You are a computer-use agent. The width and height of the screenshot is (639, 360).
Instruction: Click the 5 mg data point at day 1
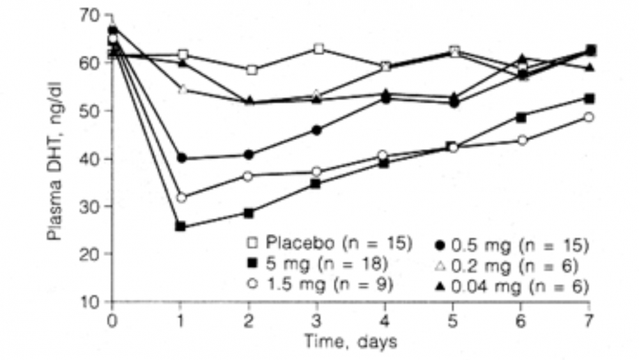(x=181, y=226)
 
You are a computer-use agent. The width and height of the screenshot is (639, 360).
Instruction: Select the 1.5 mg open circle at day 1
(x=181, y=198)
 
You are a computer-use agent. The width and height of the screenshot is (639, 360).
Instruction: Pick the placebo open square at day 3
(x=318, y=49)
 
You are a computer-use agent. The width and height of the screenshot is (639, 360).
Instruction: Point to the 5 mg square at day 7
(x=590, y=98)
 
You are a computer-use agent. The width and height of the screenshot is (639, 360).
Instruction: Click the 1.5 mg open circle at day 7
(x=589, y=117)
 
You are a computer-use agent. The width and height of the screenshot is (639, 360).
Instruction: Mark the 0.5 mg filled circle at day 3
(x=318, y=130)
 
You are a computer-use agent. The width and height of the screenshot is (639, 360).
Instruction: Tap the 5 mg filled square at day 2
(x=249, y=213)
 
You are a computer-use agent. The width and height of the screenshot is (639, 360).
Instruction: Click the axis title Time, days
(x=350, y=341)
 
